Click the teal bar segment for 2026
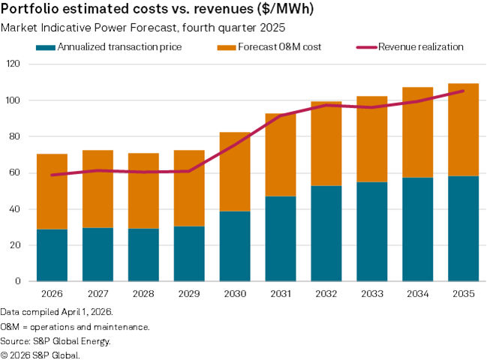[52, 255]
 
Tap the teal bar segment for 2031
[280, 238]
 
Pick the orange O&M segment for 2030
[234, 172]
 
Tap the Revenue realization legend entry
[420, 47]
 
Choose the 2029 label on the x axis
[188, 294]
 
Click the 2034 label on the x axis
[417, 294]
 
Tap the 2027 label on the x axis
[98, 294]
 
